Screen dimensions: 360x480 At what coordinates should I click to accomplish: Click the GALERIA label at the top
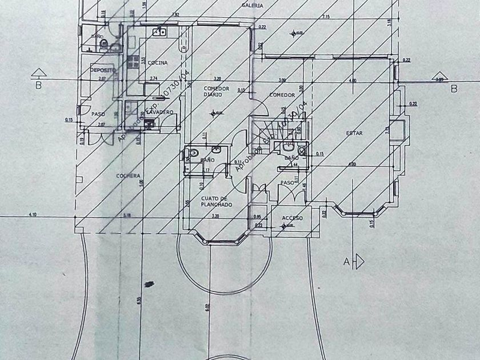coord(253,5)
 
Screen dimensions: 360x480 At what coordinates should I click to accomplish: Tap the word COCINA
coord(157,62)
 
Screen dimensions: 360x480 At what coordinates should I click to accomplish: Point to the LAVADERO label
coord(159,112)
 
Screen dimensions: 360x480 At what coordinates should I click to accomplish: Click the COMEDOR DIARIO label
coord(217,91)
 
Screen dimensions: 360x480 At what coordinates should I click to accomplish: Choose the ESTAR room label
coord(354,133)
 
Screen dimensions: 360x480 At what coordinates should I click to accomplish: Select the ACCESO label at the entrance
coord(293,218)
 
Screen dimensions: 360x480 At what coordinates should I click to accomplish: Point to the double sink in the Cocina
coord(159,33)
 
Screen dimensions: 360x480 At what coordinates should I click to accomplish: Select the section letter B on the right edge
coord(454,89)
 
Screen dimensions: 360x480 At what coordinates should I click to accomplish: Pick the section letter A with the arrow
coord(346,262)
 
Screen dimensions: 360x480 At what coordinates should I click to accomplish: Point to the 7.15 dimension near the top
coord(326,17)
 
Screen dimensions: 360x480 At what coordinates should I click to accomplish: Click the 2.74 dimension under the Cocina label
coord(153,78)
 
